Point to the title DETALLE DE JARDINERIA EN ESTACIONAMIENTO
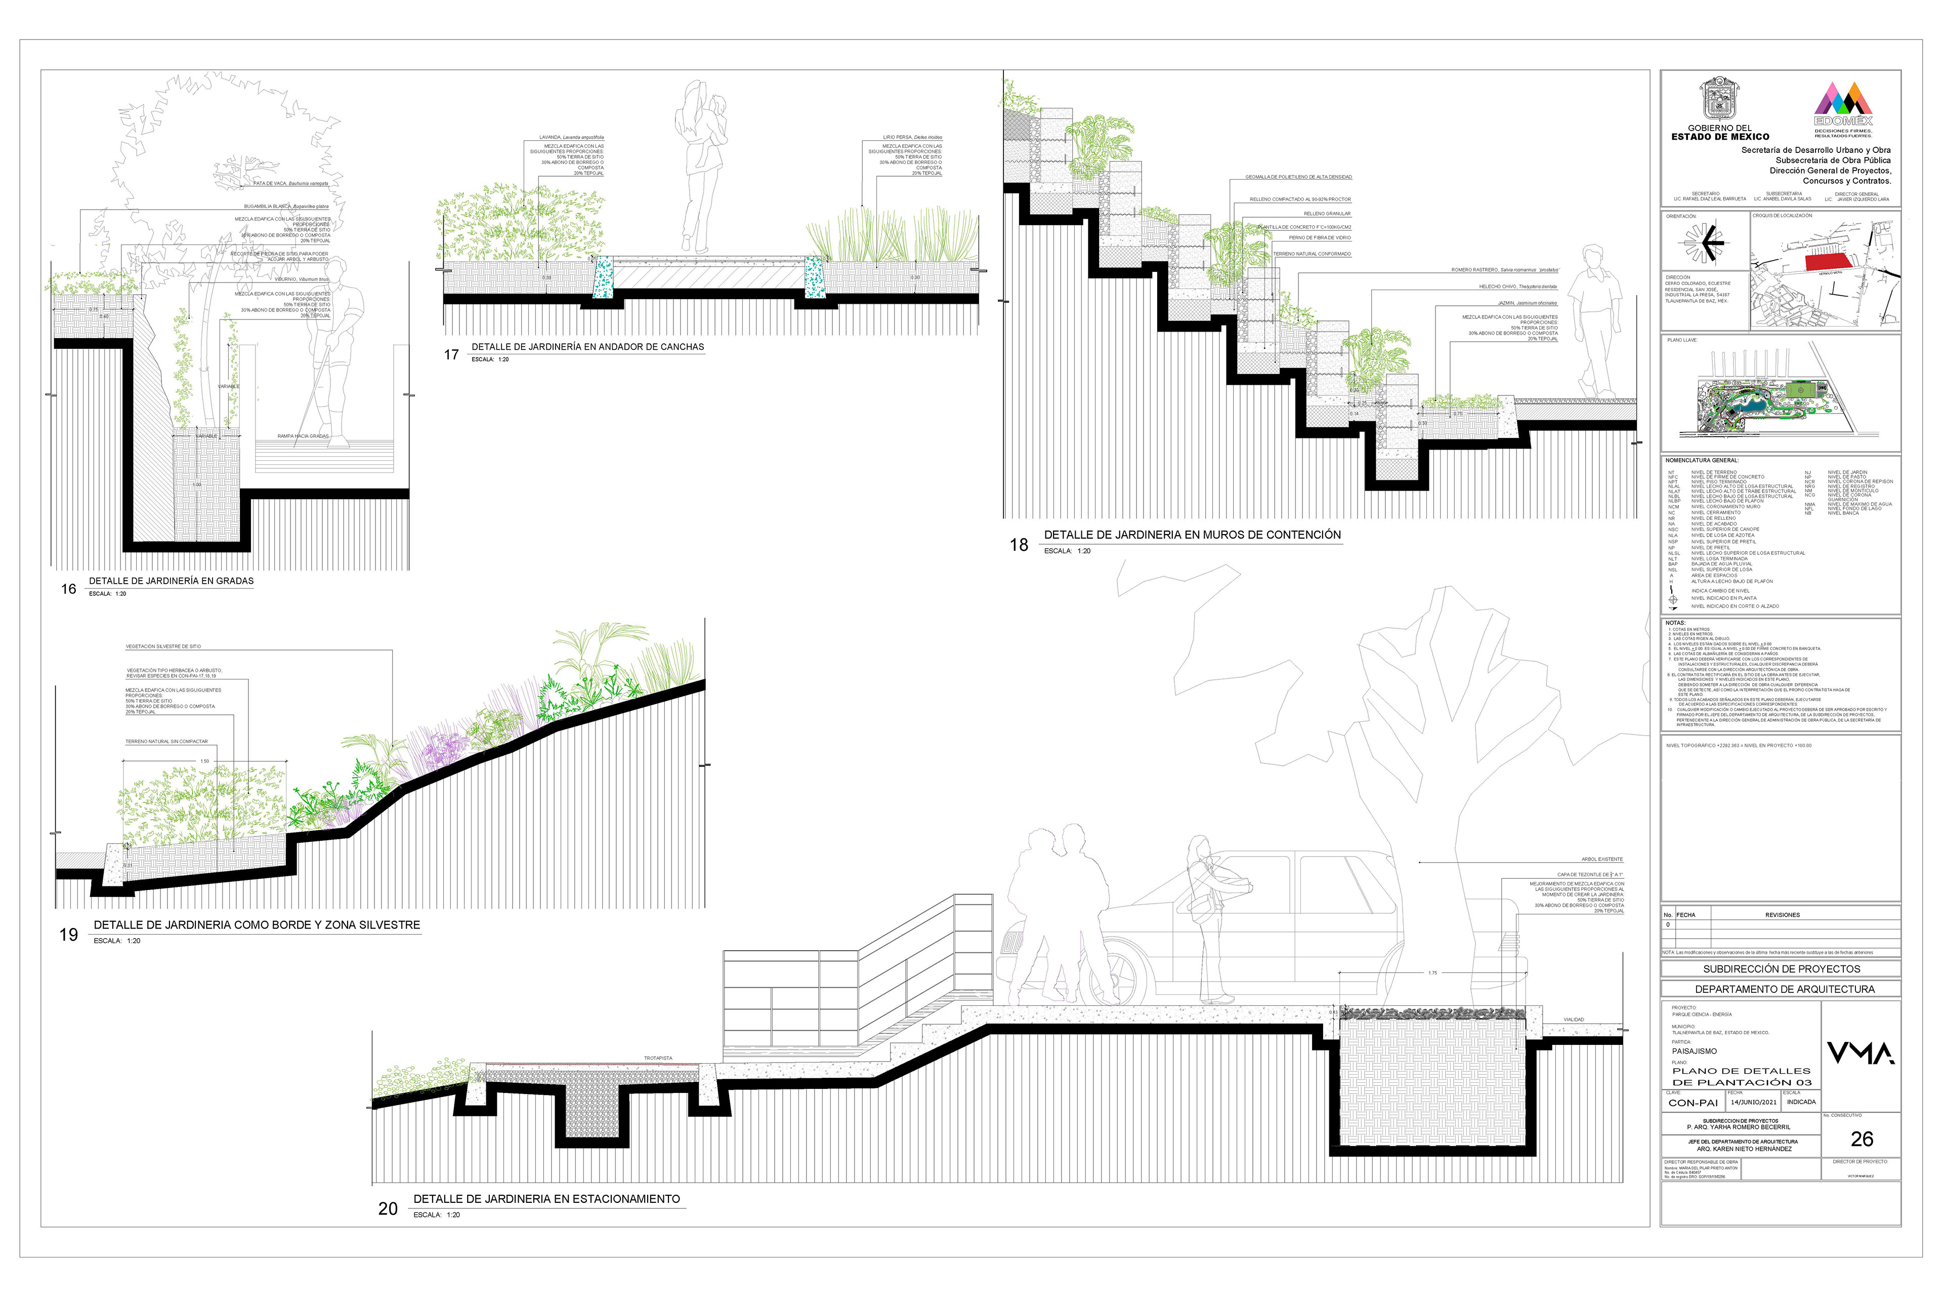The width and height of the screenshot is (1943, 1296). point(547,1198)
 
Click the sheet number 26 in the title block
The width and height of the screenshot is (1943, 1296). point(1861,1139)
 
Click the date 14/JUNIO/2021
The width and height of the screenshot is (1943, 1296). point(1753,1102)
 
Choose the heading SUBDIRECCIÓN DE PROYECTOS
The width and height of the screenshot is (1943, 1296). point(1782,968)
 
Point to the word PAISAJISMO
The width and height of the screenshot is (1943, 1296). point(1695,1051)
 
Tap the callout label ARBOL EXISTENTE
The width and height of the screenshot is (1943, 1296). point(1602,860)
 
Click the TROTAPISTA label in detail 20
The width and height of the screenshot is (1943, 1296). point(658,1058)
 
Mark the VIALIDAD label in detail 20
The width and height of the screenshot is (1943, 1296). point(1574,1020)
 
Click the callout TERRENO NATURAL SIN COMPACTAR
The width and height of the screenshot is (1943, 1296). point(167,741)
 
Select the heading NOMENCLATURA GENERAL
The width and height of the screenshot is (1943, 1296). point(1702,460)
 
